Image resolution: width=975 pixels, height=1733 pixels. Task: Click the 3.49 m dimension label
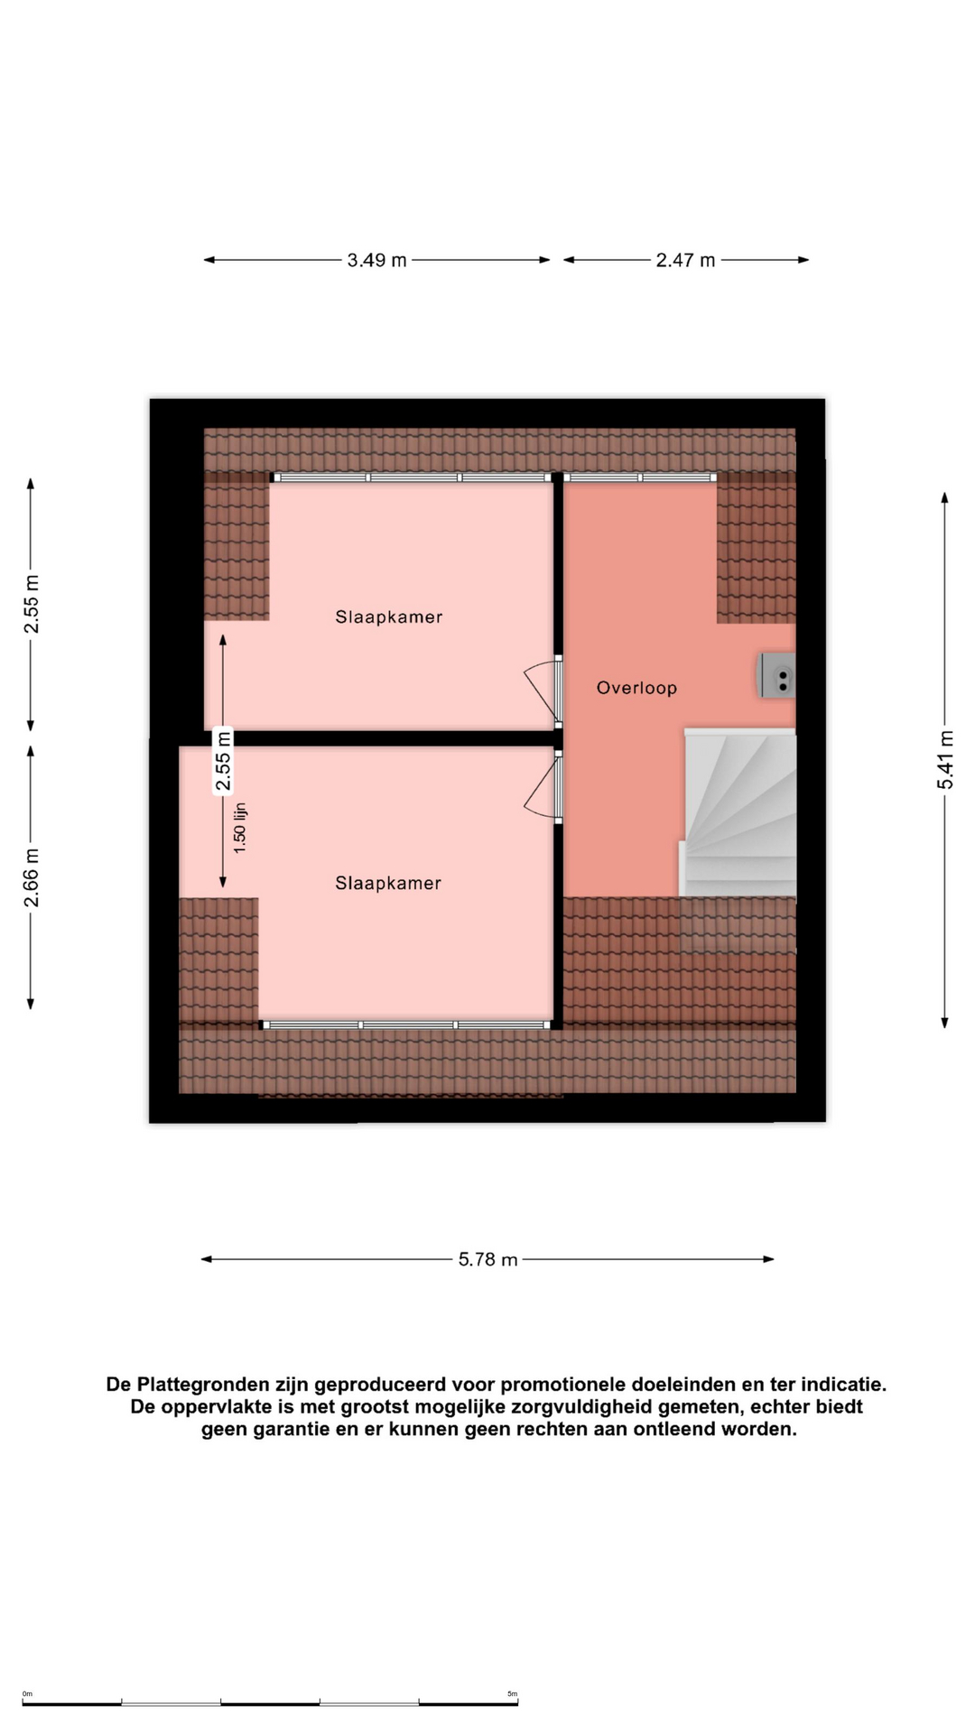click(x=376, y=260)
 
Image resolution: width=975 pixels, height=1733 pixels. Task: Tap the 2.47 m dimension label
click(x=685, y=260)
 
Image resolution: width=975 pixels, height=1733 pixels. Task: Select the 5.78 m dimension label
click(x=487, y=1259)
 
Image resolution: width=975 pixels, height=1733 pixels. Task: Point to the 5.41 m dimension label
click(x=944, y=759)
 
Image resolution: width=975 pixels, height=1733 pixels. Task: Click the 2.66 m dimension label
click(x=31, y=877)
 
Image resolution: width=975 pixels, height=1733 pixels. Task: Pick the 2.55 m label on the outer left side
click(x=31, y=604)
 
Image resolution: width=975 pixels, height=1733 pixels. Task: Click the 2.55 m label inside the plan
click(x=223, y=761)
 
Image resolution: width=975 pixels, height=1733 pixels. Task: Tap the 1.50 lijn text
click(x=239, y=828)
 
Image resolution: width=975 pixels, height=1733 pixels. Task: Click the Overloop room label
click(x=636, y=688)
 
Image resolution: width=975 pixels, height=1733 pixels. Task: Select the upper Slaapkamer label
click(x=389, y=617)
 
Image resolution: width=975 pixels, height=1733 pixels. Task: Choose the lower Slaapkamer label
click(x=388, y=883)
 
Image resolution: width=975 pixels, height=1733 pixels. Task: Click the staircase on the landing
click(x=738, y=812)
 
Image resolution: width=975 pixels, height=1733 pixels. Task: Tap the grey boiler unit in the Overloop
click(x=777, y=676)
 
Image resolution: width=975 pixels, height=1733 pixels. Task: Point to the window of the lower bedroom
click(x=406, y=1025)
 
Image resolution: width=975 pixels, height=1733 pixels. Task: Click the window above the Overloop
click(x=640, y=477)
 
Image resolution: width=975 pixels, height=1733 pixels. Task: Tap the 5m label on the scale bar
click(x=512, y=1694)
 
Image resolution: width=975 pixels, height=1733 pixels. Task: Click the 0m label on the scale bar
click(x=27, y=1694)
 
